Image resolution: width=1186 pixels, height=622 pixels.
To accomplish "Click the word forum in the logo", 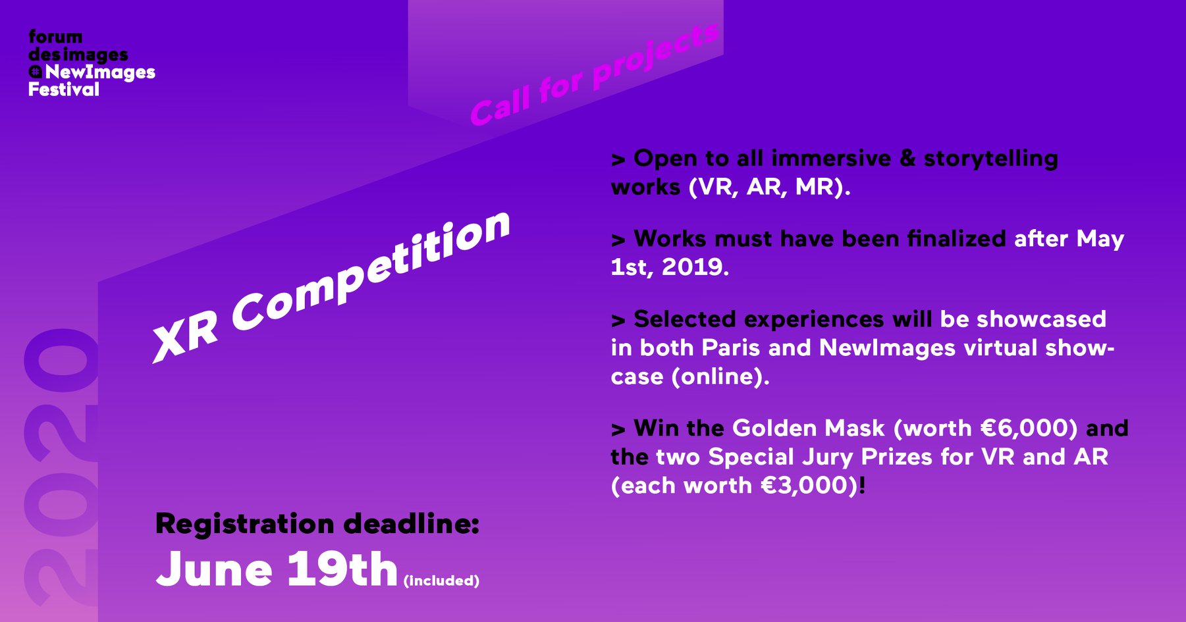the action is (x=56, y=37).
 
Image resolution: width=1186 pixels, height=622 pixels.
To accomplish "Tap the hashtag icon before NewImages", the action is (x=36, y=72).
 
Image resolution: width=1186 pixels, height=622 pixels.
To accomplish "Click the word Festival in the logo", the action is (x=64, y=90).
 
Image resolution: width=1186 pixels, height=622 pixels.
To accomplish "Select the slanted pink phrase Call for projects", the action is (x=595, y=74).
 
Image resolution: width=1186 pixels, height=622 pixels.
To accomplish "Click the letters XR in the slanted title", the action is (x=185, y=334).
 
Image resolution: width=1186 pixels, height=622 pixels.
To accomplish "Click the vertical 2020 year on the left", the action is (x=61, y=467).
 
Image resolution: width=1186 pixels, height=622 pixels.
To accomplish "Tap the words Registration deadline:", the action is (x=317, y=524).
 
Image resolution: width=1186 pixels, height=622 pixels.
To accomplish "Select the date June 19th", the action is (x=277, y=569).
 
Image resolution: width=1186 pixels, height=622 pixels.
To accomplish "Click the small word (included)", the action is (x=441, y=581).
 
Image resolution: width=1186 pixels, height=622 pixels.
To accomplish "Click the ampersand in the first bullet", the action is (x=907, y=159).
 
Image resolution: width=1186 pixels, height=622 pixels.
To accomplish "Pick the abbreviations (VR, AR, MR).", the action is (x=770, y=188).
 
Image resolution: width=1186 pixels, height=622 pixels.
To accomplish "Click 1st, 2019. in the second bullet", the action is (x=670, y=267).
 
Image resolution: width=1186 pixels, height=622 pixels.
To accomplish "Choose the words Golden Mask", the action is (x=809, y=428).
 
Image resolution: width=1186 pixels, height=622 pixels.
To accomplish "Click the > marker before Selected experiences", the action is (x=618, y=321).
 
